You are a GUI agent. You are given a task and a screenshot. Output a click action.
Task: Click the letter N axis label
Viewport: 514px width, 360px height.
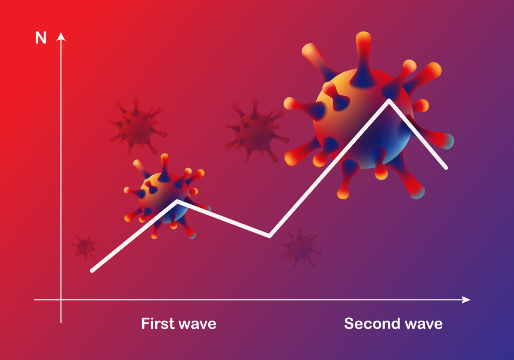click(x=41, y=38)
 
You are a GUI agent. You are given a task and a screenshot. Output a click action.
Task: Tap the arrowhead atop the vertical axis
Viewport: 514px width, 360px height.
click(x=61, y=36)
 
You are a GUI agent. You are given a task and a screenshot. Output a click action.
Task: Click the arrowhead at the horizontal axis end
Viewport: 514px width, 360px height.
click(x=466, y=300)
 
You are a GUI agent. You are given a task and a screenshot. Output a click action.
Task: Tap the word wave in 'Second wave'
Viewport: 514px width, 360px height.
click(x=424, y=324)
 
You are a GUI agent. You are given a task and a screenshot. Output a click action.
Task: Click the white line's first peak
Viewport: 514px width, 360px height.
click(x=177, y=201)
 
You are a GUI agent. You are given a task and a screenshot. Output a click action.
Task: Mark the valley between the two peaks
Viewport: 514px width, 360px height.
click(x=269, y=235)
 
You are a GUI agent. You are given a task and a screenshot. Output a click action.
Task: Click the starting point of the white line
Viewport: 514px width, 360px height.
click(x=92, y=271)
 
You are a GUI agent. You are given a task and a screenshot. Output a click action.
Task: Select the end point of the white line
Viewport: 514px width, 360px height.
click(x=446, y=168)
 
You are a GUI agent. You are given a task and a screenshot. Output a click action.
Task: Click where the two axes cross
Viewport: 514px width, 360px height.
click(x=61, y=300)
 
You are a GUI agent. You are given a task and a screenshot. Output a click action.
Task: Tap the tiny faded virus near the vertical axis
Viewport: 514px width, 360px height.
click(x=85, y=247)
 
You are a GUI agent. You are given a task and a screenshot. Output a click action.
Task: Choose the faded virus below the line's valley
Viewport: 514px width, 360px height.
click(x=300, y=247)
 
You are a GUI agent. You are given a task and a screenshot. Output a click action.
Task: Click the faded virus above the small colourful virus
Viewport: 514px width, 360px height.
click(x=138, y=126)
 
